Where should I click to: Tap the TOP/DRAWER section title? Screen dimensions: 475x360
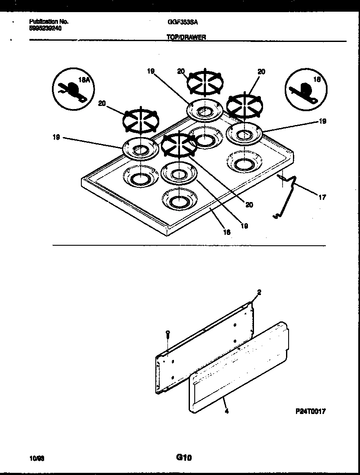[x=186, y=37]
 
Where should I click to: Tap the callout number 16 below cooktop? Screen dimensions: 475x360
[x=227, y=232]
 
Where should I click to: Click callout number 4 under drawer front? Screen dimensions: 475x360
[x=227, y=411]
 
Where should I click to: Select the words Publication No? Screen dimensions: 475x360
[x=48, y=21]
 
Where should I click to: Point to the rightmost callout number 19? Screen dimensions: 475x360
[x=322, y=122]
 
